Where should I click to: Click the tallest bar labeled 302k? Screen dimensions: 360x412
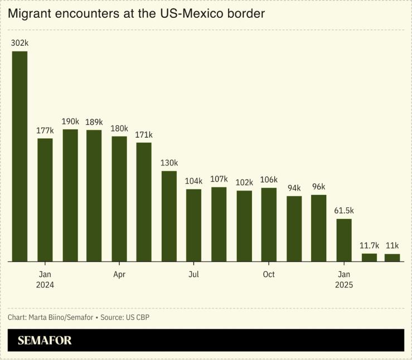20,156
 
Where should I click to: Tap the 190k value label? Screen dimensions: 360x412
70,121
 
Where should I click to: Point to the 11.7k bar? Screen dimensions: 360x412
369,257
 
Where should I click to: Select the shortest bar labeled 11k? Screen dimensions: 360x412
392,257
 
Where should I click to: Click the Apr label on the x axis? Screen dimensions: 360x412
119,274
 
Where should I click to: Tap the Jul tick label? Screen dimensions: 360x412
193,274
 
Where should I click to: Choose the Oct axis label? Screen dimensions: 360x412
269,274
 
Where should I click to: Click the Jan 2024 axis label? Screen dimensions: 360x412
45,279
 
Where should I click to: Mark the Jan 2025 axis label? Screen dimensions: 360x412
344,279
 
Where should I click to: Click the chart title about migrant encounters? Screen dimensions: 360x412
136,14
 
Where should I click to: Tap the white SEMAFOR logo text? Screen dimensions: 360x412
45,340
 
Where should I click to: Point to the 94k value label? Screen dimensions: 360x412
294,188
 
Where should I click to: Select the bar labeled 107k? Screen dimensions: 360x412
219,224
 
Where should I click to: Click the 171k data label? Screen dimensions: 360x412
144,135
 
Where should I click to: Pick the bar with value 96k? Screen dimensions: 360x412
318,227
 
